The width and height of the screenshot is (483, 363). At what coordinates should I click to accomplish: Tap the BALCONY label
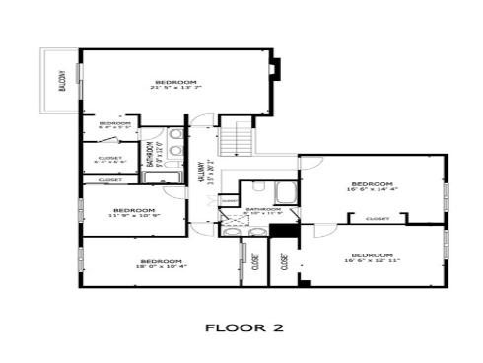point(61,80)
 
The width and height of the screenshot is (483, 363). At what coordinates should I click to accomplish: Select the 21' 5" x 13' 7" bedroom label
point(176,84)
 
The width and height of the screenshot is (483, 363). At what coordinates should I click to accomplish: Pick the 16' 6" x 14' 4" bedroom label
point(372,187)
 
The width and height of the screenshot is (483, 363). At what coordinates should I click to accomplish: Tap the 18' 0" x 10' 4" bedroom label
point(162,263)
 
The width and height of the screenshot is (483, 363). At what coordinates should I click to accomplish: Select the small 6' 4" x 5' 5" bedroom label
point(114,125)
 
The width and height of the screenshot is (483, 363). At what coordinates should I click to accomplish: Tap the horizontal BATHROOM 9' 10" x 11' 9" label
point(263,211)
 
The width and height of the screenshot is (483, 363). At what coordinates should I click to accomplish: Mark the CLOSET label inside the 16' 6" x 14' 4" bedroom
point(377,219)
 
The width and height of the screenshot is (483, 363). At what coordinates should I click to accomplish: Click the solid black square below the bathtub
point(283,232)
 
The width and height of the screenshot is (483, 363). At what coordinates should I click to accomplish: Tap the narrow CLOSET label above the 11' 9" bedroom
point(110,180)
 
